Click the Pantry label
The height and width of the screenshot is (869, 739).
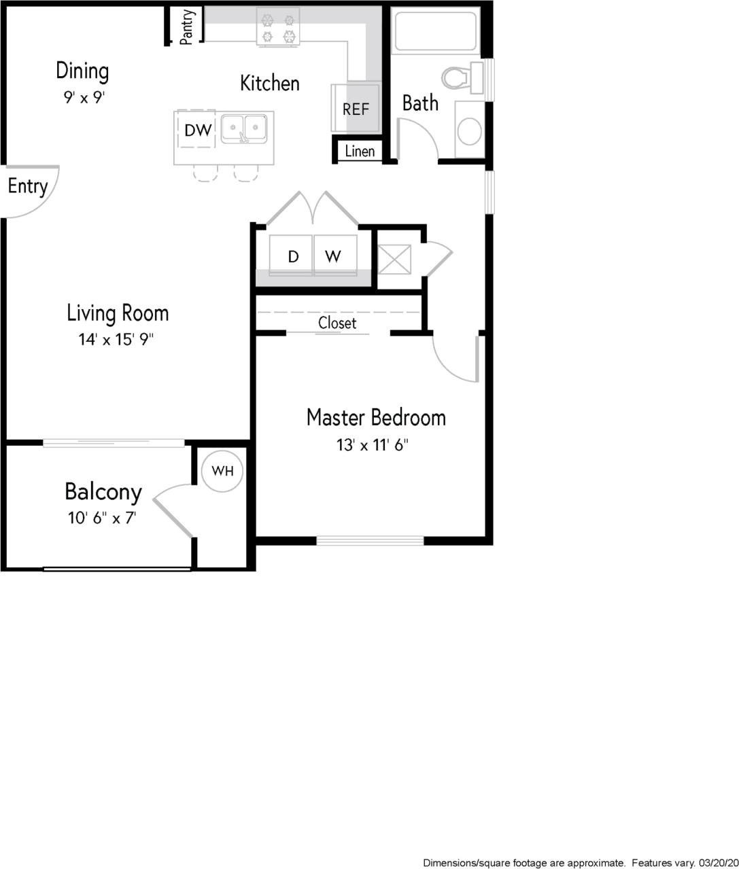(x=188, y=26)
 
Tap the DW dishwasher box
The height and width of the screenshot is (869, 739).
(x=198, y=130)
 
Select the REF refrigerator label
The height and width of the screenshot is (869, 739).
(x=356, y=109)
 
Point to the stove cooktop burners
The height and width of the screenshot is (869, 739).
(x=278, y=27)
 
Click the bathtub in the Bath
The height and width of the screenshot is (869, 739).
(x=436, y=31)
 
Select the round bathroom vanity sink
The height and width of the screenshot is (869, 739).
(x=469, y=131)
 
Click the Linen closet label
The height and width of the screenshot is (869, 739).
(x=360, y=151)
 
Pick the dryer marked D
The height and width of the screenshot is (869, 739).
(x=293, y=256)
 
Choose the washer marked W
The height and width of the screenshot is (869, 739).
(x=332, y=256)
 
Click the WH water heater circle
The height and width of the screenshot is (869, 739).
(x=222, y=470)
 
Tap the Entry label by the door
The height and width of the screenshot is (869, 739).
(x=27, y=186)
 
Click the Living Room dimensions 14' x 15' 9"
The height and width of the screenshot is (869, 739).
(x=116, y=339)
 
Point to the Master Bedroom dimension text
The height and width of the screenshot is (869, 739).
(x=372, y=445)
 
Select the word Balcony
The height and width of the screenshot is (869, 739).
(x=103, y=491)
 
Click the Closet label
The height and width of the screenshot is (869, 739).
(x=337, y=323)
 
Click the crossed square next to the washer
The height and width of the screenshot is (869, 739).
(x=394, y=259)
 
